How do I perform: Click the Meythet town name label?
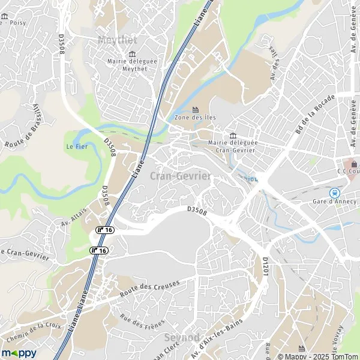click(x=117, y=40)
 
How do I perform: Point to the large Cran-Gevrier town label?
click(x=180, y=176)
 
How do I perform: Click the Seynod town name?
click(x=181, y=338)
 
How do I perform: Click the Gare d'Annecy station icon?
click(x=335, y=193)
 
